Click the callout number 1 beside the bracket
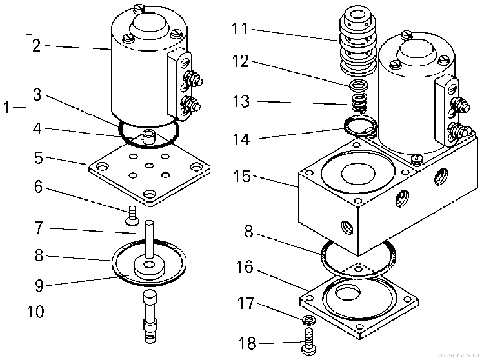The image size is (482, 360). [x=6, y=108]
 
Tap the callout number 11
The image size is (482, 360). [x=240, y=28]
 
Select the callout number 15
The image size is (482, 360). [x=242, y=177]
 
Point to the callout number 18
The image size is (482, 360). [x=247, y=343]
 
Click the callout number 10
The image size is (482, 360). [x=35, y=312]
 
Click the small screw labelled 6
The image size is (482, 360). [x=132, y=215]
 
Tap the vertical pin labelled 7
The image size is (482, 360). [x=149, y=240]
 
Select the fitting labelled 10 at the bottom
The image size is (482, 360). [x=150, y=316]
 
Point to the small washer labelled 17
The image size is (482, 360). [x=308, y=321]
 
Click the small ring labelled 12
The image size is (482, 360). [x=358, y=85]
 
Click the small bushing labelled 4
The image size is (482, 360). [x=149, y=137]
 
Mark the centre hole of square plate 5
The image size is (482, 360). [x=149, y=166]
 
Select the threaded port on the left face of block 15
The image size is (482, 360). [x=347, y=228]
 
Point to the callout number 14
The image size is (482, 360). [x=241, y=139]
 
